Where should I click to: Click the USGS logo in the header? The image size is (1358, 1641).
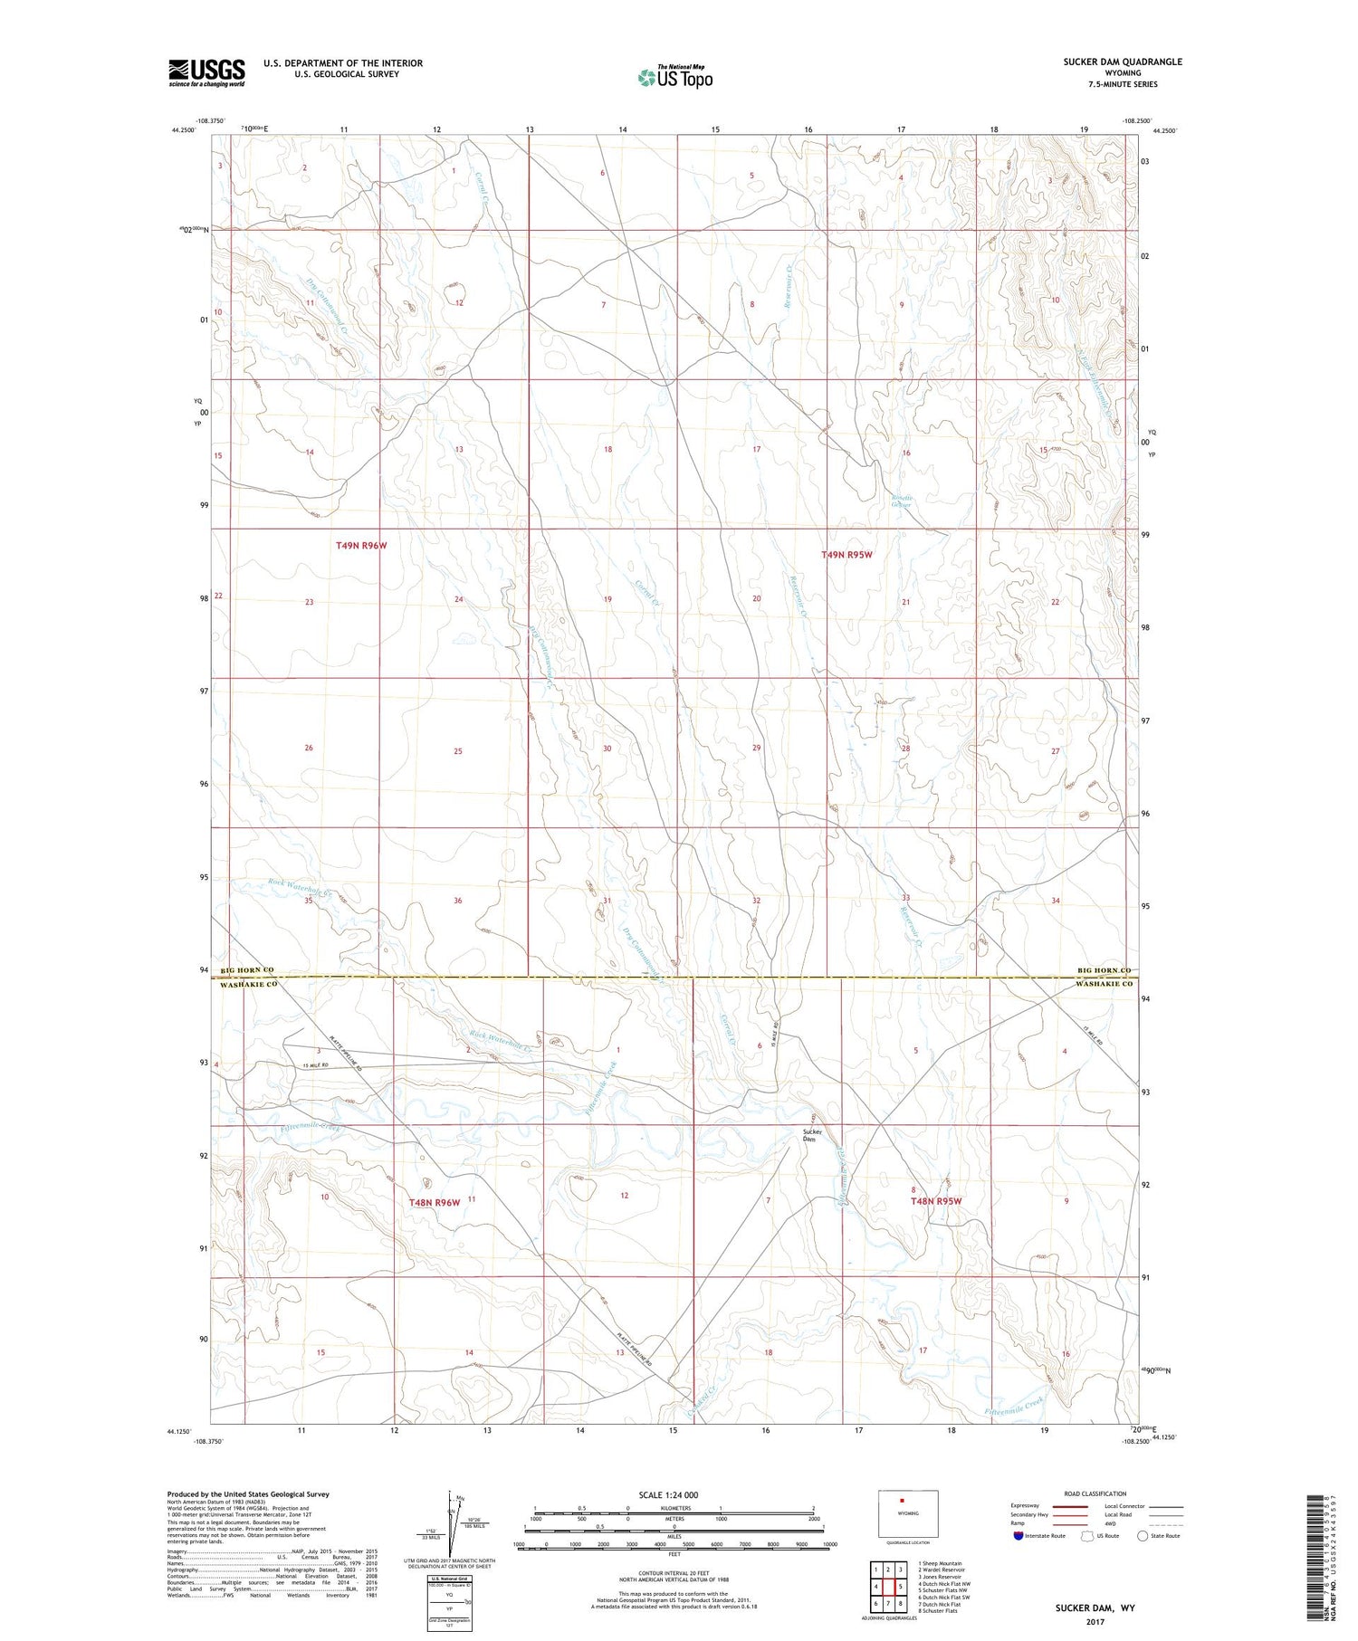(x=206, y=72)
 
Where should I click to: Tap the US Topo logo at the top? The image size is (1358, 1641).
(x=674, y=78)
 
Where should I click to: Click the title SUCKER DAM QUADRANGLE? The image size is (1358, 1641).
(x=1123, y=62)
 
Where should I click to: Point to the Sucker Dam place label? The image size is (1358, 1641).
(x=810, y=1135)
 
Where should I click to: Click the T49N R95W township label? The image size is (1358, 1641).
(x=846, y=555)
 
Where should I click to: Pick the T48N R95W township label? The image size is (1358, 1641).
(x=935, y=1201)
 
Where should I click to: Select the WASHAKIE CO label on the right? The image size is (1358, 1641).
(x=1104, y=984)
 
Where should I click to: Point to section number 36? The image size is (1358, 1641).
(x=458, y=901)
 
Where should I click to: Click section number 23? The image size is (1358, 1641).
(x=310, y=602)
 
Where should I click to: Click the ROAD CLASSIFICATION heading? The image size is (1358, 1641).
(x=1095, y=1493)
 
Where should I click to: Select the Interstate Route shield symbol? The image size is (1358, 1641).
(x=1018, y=1535)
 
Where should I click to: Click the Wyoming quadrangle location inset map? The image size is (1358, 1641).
(x=908, y=1512)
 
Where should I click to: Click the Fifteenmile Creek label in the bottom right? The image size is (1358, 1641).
(x=1013, y=1406)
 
